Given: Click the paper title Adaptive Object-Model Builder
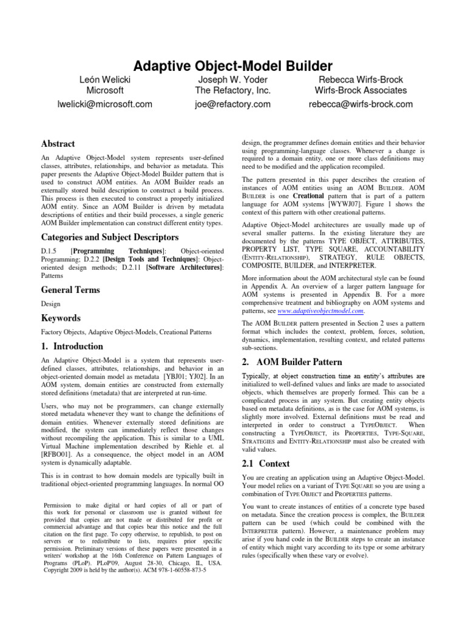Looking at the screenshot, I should pos(233,65).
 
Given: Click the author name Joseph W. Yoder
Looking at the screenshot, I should pos(233,79).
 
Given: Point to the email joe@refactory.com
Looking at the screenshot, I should pos(233,104).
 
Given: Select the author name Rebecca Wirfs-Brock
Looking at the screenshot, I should pos(360,79).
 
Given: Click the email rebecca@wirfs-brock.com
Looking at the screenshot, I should pos(360,104).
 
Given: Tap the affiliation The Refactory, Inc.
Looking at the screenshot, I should pos(233,91).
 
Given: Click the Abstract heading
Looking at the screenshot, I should pos(58,144).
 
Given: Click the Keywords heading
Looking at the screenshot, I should pos(61,318).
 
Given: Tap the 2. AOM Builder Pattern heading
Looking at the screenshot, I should pos(288,362).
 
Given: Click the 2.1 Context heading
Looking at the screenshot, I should pos(266,463).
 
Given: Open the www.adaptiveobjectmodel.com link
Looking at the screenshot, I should pos(320,311).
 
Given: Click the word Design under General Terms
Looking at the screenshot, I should pos(50,304).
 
